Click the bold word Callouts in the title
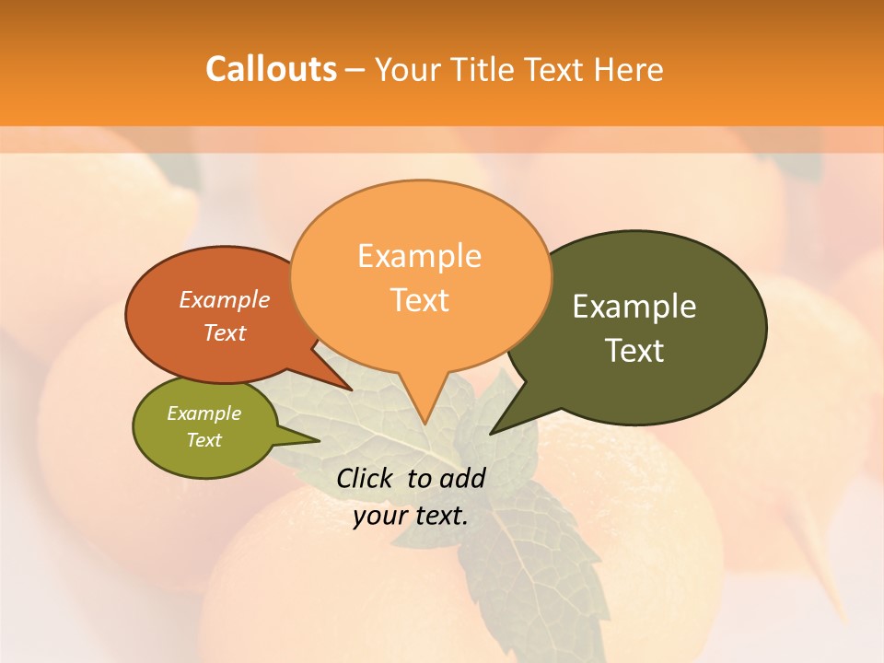[271, 69]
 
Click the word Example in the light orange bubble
[419, 256]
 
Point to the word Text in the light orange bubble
[419, 300]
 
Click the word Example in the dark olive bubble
[634, 307]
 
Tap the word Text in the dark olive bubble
[634, 350]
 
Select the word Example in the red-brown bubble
[224, 299]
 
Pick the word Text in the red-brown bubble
[224, 332]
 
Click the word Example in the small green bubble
[204, 413]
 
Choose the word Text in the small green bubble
[204, 440]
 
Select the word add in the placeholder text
[462, 478]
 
